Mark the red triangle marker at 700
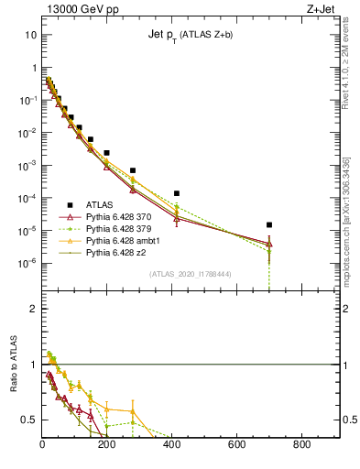tap(269, 244)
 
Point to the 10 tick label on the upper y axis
tap(30, 35)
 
